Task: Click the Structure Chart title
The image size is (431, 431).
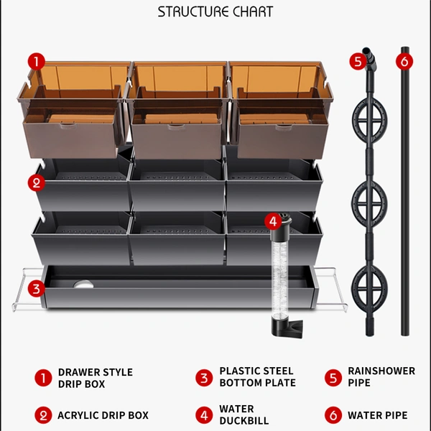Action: pos(215,11)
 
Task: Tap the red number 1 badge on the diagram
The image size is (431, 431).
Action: pos(37,62)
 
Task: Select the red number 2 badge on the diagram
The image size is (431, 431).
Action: pos(37,182)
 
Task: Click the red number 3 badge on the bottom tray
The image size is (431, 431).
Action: pos(37,289)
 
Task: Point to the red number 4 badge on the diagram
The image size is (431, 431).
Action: pos(273,221)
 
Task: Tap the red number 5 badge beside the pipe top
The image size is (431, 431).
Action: pos(358,61)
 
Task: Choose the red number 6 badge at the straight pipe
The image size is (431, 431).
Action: pos(404,61)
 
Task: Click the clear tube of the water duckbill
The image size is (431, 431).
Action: pos(279,277)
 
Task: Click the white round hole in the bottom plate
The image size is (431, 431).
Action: pos(83,284)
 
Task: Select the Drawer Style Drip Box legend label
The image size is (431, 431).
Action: pos(96,378)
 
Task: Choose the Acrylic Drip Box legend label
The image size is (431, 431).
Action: pos(103,415)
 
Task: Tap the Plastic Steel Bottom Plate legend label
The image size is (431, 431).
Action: pos(258,376)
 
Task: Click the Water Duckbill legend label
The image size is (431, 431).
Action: pos(244,414)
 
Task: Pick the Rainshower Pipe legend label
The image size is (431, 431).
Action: pos(381,376)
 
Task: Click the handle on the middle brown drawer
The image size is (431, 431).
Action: pos(177,126)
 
